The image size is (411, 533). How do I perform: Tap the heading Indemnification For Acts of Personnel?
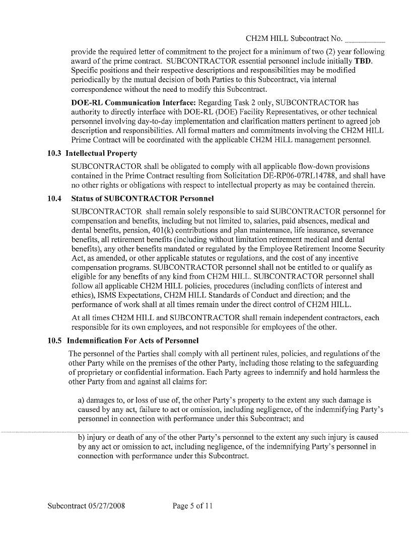tap(133, 340)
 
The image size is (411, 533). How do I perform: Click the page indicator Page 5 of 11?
tap(192, 505)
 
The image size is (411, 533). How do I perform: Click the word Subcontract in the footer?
tap(66, 505)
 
